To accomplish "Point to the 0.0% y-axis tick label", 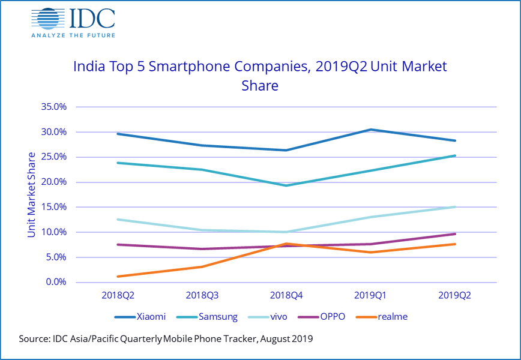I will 55,282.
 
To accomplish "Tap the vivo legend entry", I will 274,316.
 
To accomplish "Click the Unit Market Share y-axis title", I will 32,194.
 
